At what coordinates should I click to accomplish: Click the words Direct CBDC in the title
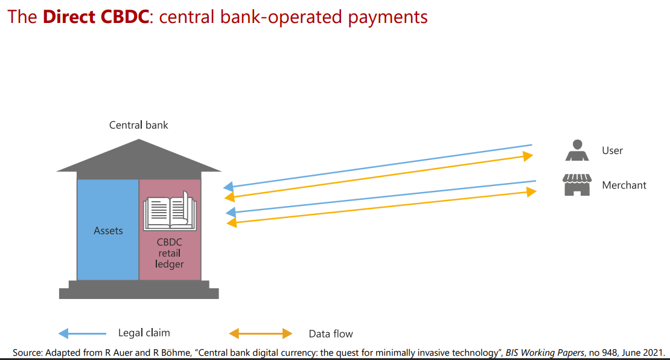96,17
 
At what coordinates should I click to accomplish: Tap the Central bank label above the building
138,125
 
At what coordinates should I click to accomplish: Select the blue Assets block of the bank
108,230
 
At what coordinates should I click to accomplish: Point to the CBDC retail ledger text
169,253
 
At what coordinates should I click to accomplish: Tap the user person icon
577,150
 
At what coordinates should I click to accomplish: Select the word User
612,150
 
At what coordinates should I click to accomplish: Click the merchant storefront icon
577,185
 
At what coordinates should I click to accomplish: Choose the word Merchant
624,185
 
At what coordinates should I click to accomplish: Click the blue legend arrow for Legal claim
82,333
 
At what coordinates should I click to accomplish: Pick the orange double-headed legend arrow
261,333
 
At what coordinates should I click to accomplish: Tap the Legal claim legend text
144,333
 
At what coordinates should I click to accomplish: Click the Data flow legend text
331,334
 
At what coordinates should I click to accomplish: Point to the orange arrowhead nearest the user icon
528,156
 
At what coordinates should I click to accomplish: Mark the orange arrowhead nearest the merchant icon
531,192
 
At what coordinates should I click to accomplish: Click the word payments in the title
388,18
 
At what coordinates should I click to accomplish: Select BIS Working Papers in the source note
545,353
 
